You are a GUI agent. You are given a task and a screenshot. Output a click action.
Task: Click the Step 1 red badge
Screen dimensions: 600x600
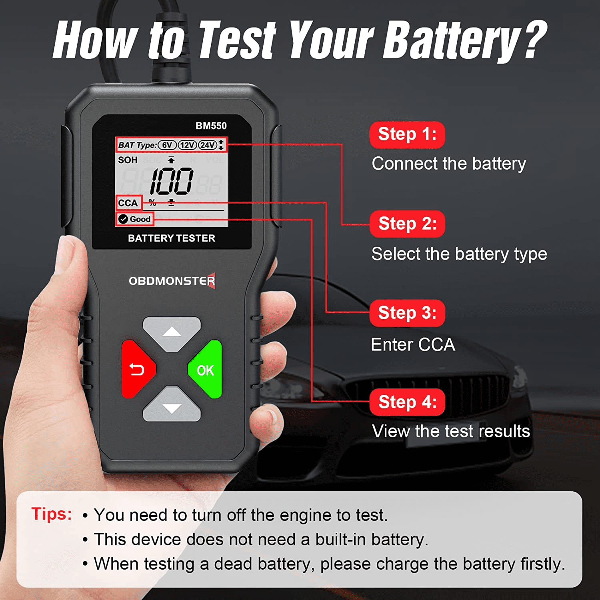coord(407,135)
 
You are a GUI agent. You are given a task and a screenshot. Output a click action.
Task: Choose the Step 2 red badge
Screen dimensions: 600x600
coord(407,224)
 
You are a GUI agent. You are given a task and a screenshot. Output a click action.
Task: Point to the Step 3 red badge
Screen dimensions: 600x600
coord(407,313)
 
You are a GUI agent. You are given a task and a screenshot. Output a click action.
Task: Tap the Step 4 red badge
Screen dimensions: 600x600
coord(407,402)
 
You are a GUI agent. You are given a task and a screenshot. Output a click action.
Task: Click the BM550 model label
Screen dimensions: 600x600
coord(211,126)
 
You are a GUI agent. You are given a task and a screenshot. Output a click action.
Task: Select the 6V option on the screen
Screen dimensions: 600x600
coord(167,145)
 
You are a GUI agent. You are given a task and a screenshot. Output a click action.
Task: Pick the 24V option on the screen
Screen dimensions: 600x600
coord(208,145)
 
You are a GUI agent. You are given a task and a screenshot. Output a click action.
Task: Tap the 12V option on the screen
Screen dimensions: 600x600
coord(187,145)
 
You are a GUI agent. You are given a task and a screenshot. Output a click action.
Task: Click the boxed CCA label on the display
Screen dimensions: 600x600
coord(128,203)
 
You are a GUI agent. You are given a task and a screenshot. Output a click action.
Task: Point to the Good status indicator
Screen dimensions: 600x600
coord(135,219)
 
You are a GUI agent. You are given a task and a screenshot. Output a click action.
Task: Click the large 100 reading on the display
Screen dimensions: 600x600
coord(172,181)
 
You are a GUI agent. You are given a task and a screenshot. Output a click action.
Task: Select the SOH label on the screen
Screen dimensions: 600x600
coord(128,160)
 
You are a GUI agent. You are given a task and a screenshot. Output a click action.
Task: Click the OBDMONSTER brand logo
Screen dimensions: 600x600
coord(172,281)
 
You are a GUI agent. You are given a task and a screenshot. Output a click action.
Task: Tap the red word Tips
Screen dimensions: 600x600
coord(52,514)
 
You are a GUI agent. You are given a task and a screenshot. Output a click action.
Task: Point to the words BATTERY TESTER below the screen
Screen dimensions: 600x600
coord(172,238)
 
